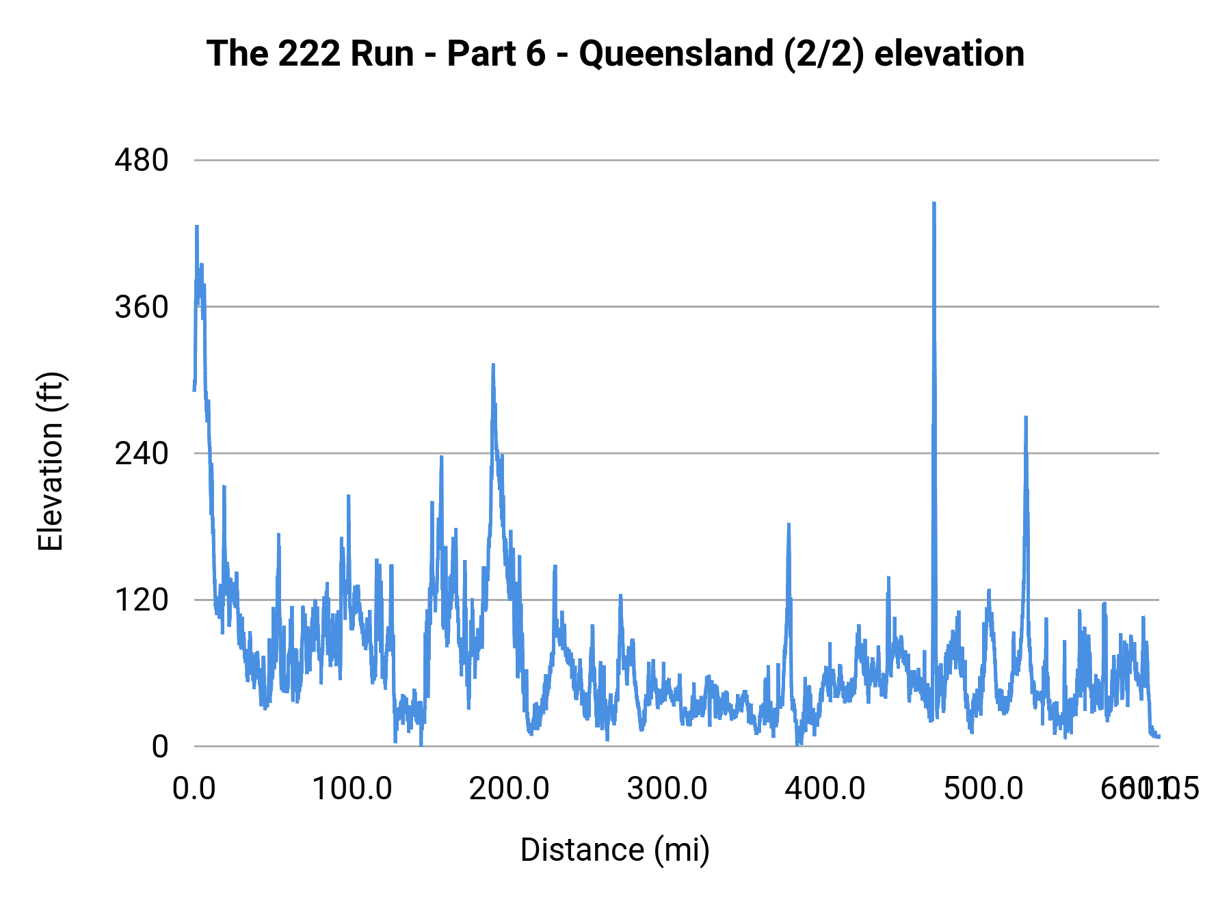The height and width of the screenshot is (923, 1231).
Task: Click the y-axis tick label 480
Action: click(x=142, y=161)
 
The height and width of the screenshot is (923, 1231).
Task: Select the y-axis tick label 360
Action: click(x=142, y=308)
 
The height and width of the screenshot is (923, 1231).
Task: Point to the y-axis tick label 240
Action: click(x=142, y=453)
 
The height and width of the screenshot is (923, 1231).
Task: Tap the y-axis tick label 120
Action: click(x=142, y=600)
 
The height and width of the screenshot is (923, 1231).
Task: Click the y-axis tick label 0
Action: click(x=159, y=747)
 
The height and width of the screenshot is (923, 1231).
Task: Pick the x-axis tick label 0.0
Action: click(x=194, y=789)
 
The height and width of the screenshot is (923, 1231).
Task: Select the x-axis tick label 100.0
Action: click(x=352, y=789)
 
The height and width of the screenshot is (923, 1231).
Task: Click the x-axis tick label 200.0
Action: click(x=509, y=789)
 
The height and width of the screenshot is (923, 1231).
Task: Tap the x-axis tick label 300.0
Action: click(x=667, y=789)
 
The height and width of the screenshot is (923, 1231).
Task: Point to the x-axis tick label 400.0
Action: click(x=825, y=789)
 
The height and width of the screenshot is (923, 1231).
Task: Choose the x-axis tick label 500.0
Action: click(x=983, y=789)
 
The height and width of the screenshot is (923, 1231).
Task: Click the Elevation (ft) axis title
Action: click(x=51, y=461)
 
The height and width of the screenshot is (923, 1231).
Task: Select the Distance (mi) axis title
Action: click(x=615, y=850)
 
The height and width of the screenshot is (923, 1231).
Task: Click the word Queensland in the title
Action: click(x=676, y=54)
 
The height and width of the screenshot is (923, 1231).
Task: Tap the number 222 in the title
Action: click(x=311, y=54)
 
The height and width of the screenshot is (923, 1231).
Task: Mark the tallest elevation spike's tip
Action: click(x=934, y=203)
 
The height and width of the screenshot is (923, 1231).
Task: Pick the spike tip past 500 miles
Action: click(x=1026, y=416)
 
